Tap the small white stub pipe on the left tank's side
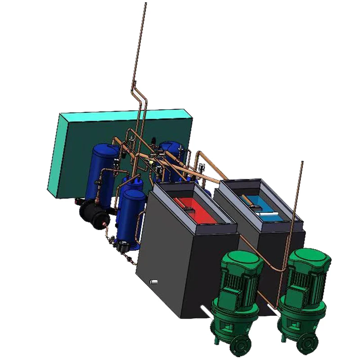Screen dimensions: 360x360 coord(153,282)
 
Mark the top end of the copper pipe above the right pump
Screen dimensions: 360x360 coord(301,163)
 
